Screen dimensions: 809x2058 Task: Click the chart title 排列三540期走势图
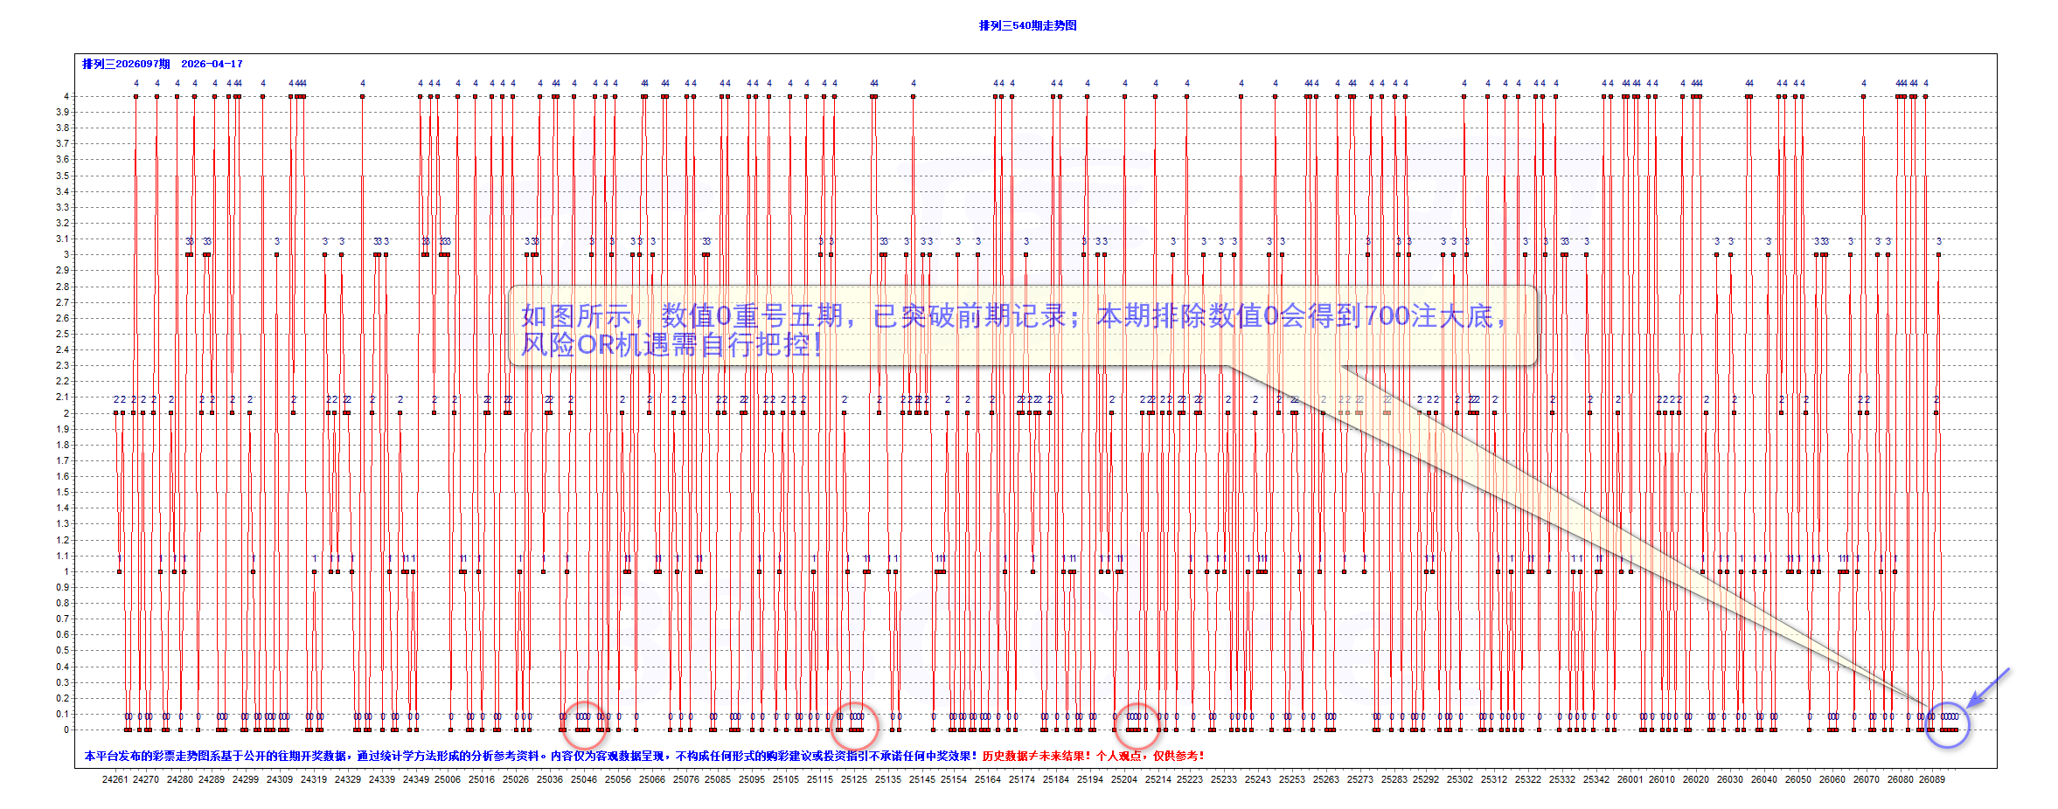[x=1027, y=25]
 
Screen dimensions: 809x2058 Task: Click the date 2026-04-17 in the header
[x=212, y=64]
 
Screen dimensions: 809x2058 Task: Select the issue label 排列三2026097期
[x=126, y=64]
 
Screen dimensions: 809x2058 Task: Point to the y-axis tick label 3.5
[x=63, y=176]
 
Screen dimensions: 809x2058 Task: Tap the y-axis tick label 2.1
[x=63, y=397]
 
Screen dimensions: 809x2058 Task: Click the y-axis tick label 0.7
[x=63, y=619]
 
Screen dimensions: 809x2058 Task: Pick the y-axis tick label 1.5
[x=63, y=492]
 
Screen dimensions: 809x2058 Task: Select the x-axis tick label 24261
[x=115, y=779]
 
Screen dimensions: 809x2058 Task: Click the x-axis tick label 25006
[x=448, y=779]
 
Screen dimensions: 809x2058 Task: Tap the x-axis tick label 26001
[x=1630, y=779]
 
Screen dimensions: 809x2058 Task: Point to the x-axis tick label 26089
[x=1932, y=779]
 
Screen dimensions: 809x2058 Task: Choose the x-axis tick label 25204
[x=1124, y=779]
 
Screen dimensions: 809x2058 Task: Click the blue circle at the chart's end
[x=1948, y=724]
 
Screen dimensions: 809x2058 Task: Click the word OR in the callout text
[x=596, y=344]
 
